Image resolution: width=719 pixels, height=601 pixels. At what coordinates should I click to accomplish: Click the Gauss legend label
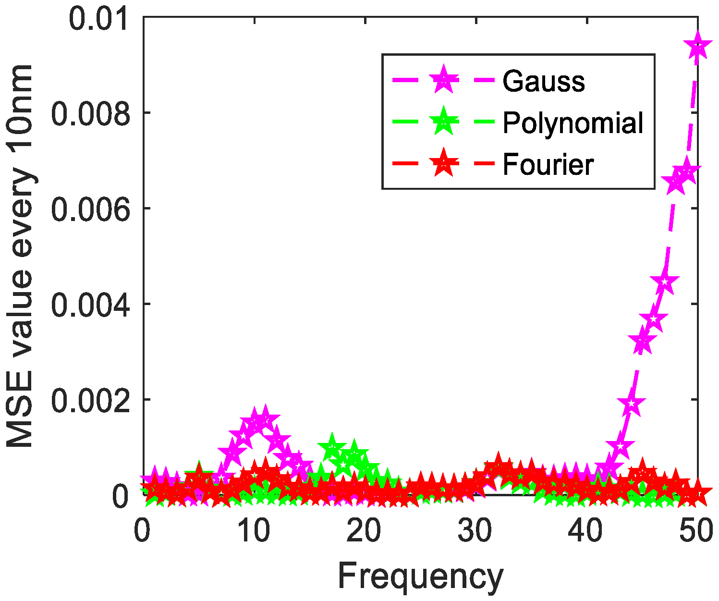(x=543, y=81)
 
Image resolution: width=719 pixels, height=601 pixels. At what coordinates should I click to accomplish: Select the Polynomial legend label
(x=573, y=123)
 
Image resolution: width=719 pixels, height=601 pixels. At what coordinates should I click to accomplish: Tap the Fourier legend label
(x=548, y=165)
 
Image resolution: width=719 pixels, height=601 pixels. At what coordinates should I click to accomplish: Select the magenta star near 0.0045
(x=664, y=282)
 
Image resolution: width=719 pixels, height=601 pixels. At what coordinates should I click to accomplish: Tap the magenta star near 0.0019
(x=631, y=404)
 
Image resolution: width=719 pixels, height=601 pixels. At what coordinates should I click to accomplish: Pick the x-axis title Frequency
(x=420, y=576)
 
